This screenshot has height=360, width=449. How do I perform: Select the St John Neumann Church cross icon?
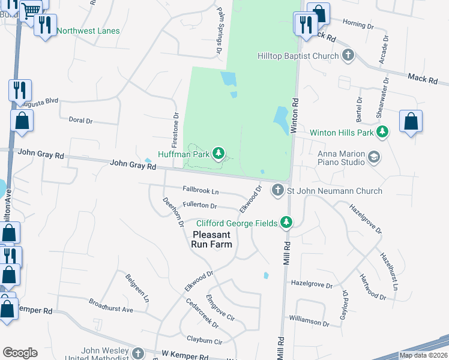click(x=277, y=191)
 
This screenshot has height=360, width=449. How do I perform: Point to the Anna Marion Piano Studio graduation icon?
click(x=375, y=157)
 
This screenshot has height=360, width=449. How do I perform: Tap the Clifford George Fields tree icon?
click(x=287, y=223)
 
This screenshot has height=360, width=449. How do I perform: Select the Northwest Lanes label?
click(x=88, y=31)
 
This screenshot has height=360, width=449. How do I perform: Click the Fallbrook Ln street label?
click(x=200, y=191)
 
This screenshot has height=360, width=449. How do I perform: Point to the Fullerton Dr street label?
click(x=199, y=206)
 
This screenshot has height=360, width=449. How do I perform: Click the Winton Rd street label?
click(x=295, y=115)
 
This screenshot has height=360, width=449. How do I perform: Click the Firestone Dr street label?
click(x=175, y=130)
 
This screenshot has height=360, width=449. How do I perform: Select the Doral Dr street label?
click(x=80, y=121)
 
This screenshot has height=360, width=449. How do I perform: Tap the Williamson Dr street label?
click(x=309, y=321)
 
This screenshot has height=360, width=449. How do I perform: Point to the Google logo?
click(x=20, y=353)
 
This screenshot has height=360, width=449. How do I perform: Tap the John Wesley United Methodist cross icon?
click(x=139, y=353)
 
